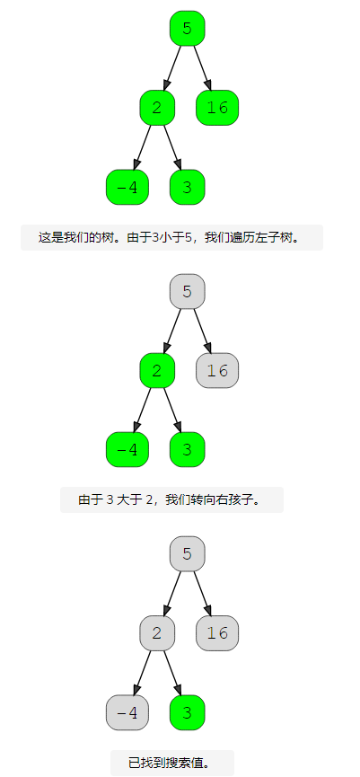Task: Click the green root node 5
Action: pos(187,28)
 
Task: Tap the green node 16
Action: pos(217,108)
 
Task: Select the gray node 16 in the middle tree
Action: pos(217,370)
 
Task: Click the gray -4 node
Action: pos(127,712)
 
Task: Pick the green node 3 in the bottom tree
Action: pos(187,712)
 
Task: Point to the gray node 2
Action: pos(157,633)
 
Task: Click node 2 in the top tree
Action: pos(157,108)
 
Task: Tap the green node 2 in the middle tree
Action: pos(157,370)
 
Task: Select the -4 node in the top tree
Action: pos(127,187)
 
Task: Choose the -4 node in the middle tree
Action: pos(127,449)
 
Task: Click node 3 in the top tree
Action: pos(187,187)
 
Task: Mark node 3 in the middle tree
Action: pos(187,449)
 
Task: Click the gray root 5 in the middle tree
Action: pos(187,291)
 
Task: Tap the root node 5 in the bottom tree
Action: pos(187,554)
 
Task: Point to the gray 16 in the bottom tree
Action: pos(217,633)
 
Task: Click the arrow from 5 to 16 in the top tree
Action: pos(203,68)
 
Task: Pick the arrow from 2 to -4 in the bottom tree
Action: pos(142,673)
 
